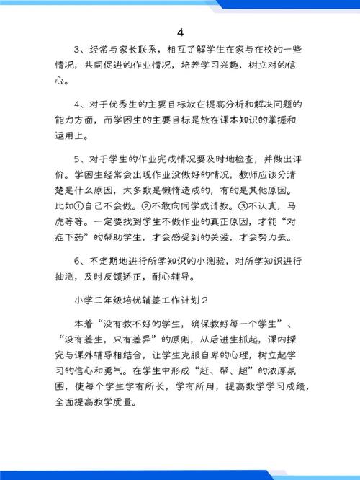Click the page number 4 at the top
point(180,34)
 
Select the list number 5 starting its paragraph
point(77,159)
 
